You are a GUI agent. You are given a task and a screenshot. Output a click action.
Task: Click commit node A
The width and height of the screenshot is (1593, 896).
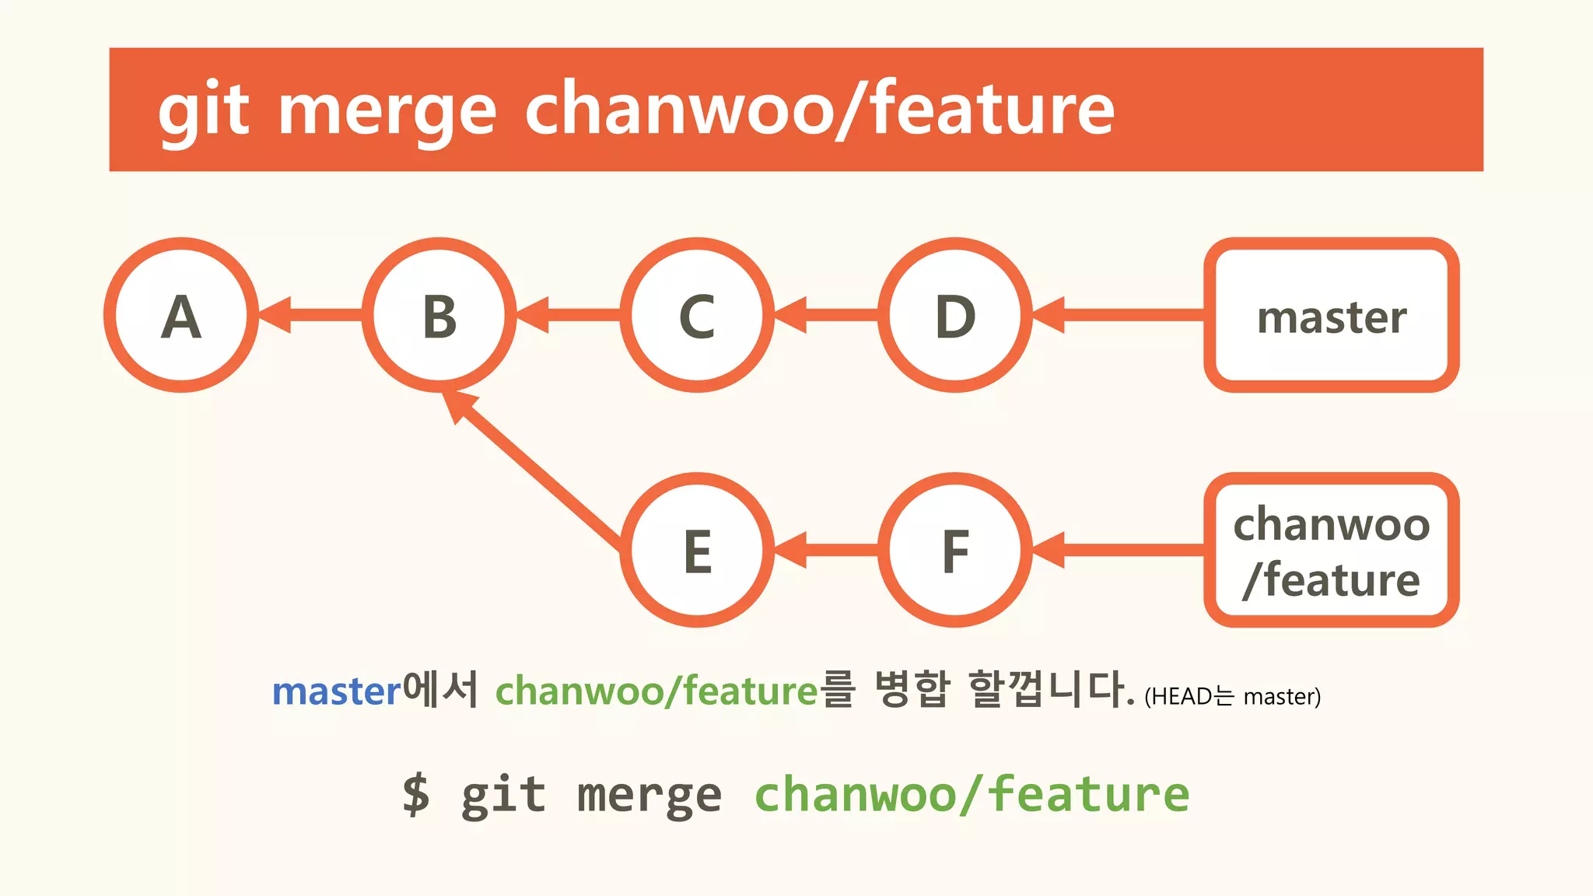[x=181, y=315]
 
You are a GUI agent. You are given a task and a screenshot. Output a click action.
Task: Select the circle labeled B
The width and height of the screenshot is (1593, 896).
[x=439, y=315]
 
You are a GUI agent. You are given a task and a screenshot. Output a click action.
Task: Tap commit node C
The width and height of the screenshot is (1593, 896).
[x=697, y=315]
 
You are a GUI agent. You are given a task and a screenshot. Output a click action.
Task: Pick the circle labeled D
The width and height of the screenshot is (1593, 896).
[x=955, y=315]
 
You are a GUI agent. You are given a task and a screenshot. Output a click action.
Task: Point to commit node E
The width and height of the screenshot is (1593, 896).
[x=697, y=550]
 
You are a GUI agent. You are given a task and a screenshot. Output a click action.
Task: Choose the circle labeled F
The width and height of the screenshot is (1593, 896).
[x=955, y=550]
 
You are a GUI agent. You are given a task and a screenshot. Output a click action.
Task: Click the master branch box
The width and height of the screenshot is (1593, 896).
[x=1331, y=315]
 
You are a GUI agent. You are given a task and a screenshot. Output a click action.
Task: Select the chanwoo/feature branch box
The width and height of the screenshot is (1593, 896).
[x=1331, y=550]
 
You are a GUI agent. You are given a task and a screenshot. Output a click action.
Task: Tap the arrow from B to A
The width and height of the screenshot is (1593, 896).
[x=311, y=315]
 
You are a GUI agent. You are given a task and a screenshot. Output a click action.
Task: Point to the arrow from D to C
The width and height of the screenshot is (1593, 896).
[x=827, y=315]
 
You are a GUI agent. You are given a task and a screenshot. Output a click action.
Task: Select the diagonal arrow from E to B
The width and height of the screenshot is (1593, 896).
[x=537, y=470]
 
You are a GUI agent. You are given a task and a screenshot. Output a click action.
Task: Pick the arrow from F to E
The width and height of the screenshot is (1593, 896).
[x=827, y=550]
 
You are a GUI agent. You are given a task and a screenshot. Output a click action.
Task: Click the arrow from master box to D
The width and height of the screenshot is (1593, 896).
[x=1120, y=315]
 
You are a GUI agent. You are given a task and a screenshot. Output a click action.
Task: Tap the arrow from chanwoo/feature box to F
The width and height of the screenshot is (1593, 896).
[x=1120, y=550]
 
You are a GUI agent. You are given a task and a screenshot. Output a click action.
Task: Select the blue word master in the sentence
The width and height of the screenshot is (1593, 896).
[x=336, y=691]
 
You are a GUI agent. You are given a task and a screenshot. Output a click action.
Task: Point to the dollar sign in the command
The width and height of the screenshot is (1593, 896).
[x=416, y=794]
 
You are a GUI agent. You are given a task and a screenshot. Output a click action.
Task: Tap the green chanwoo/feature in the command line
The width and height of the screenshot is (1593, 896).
[x=972, y=794]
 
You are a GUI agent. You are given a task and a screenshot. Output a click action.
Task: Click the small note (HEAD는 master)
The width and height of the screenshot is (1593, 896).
[x=1232, y=696]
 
